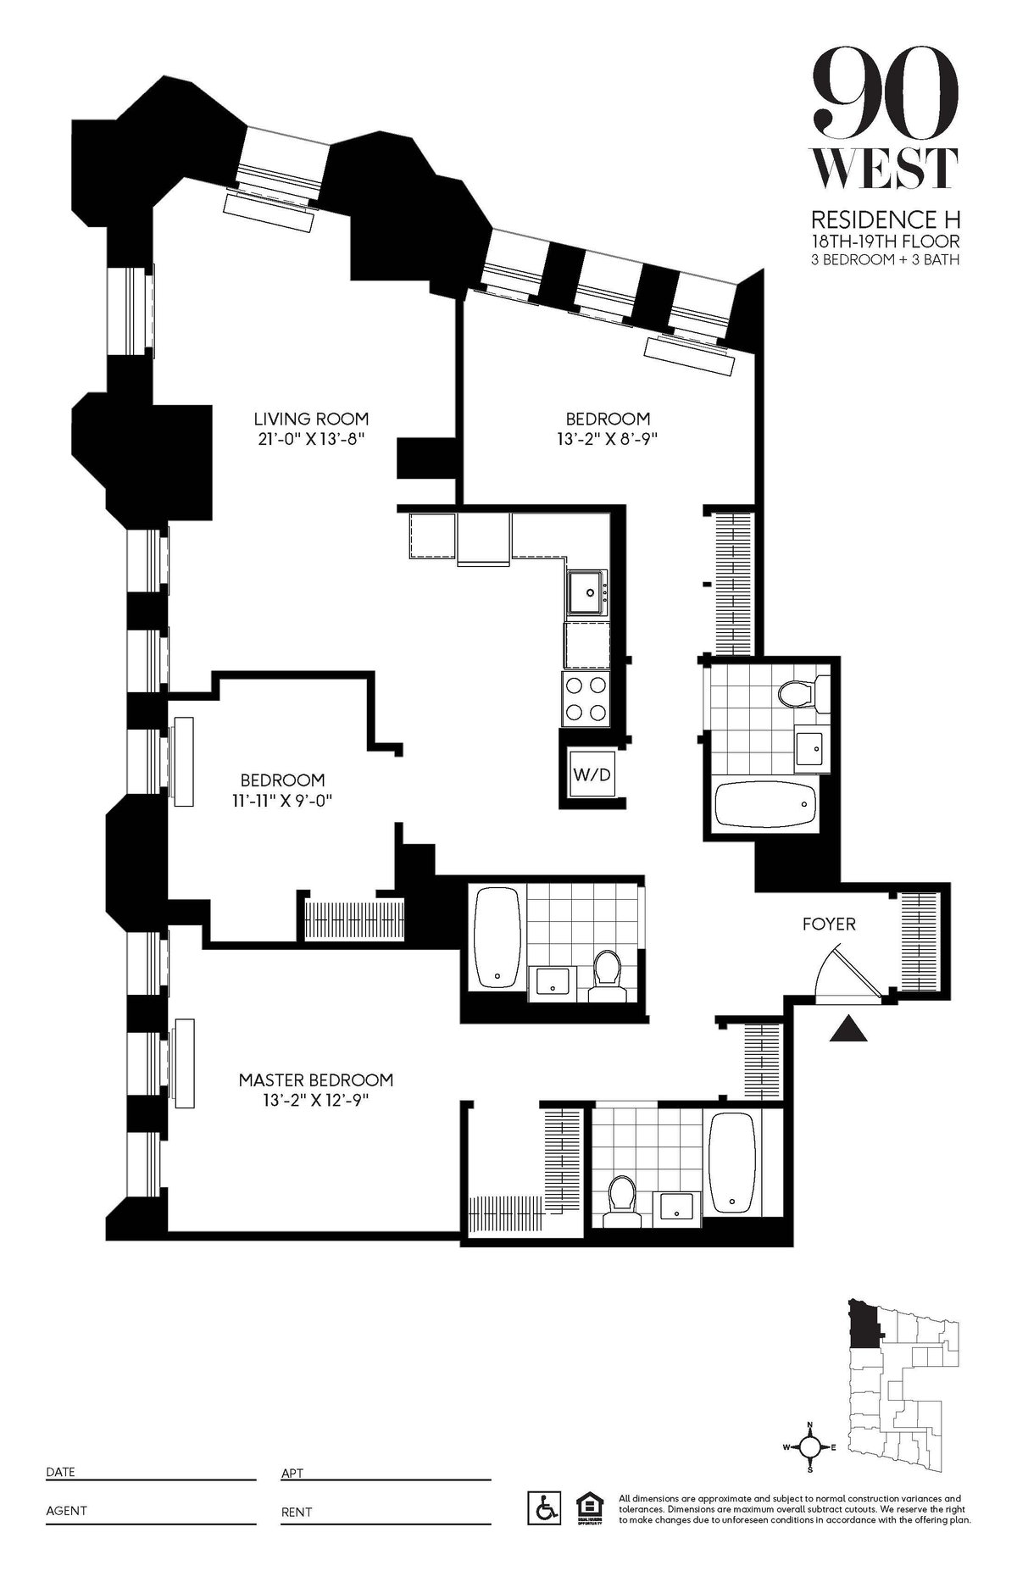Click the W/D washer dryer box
point(592,774)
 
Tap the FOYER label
point(829,924)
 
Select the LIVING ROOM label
point(311,419)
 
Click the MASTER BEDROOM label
point(315,1080)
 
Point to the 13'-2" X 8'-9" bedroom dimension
point(607,440)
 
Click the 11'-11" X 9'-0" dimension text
point(281,801)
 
